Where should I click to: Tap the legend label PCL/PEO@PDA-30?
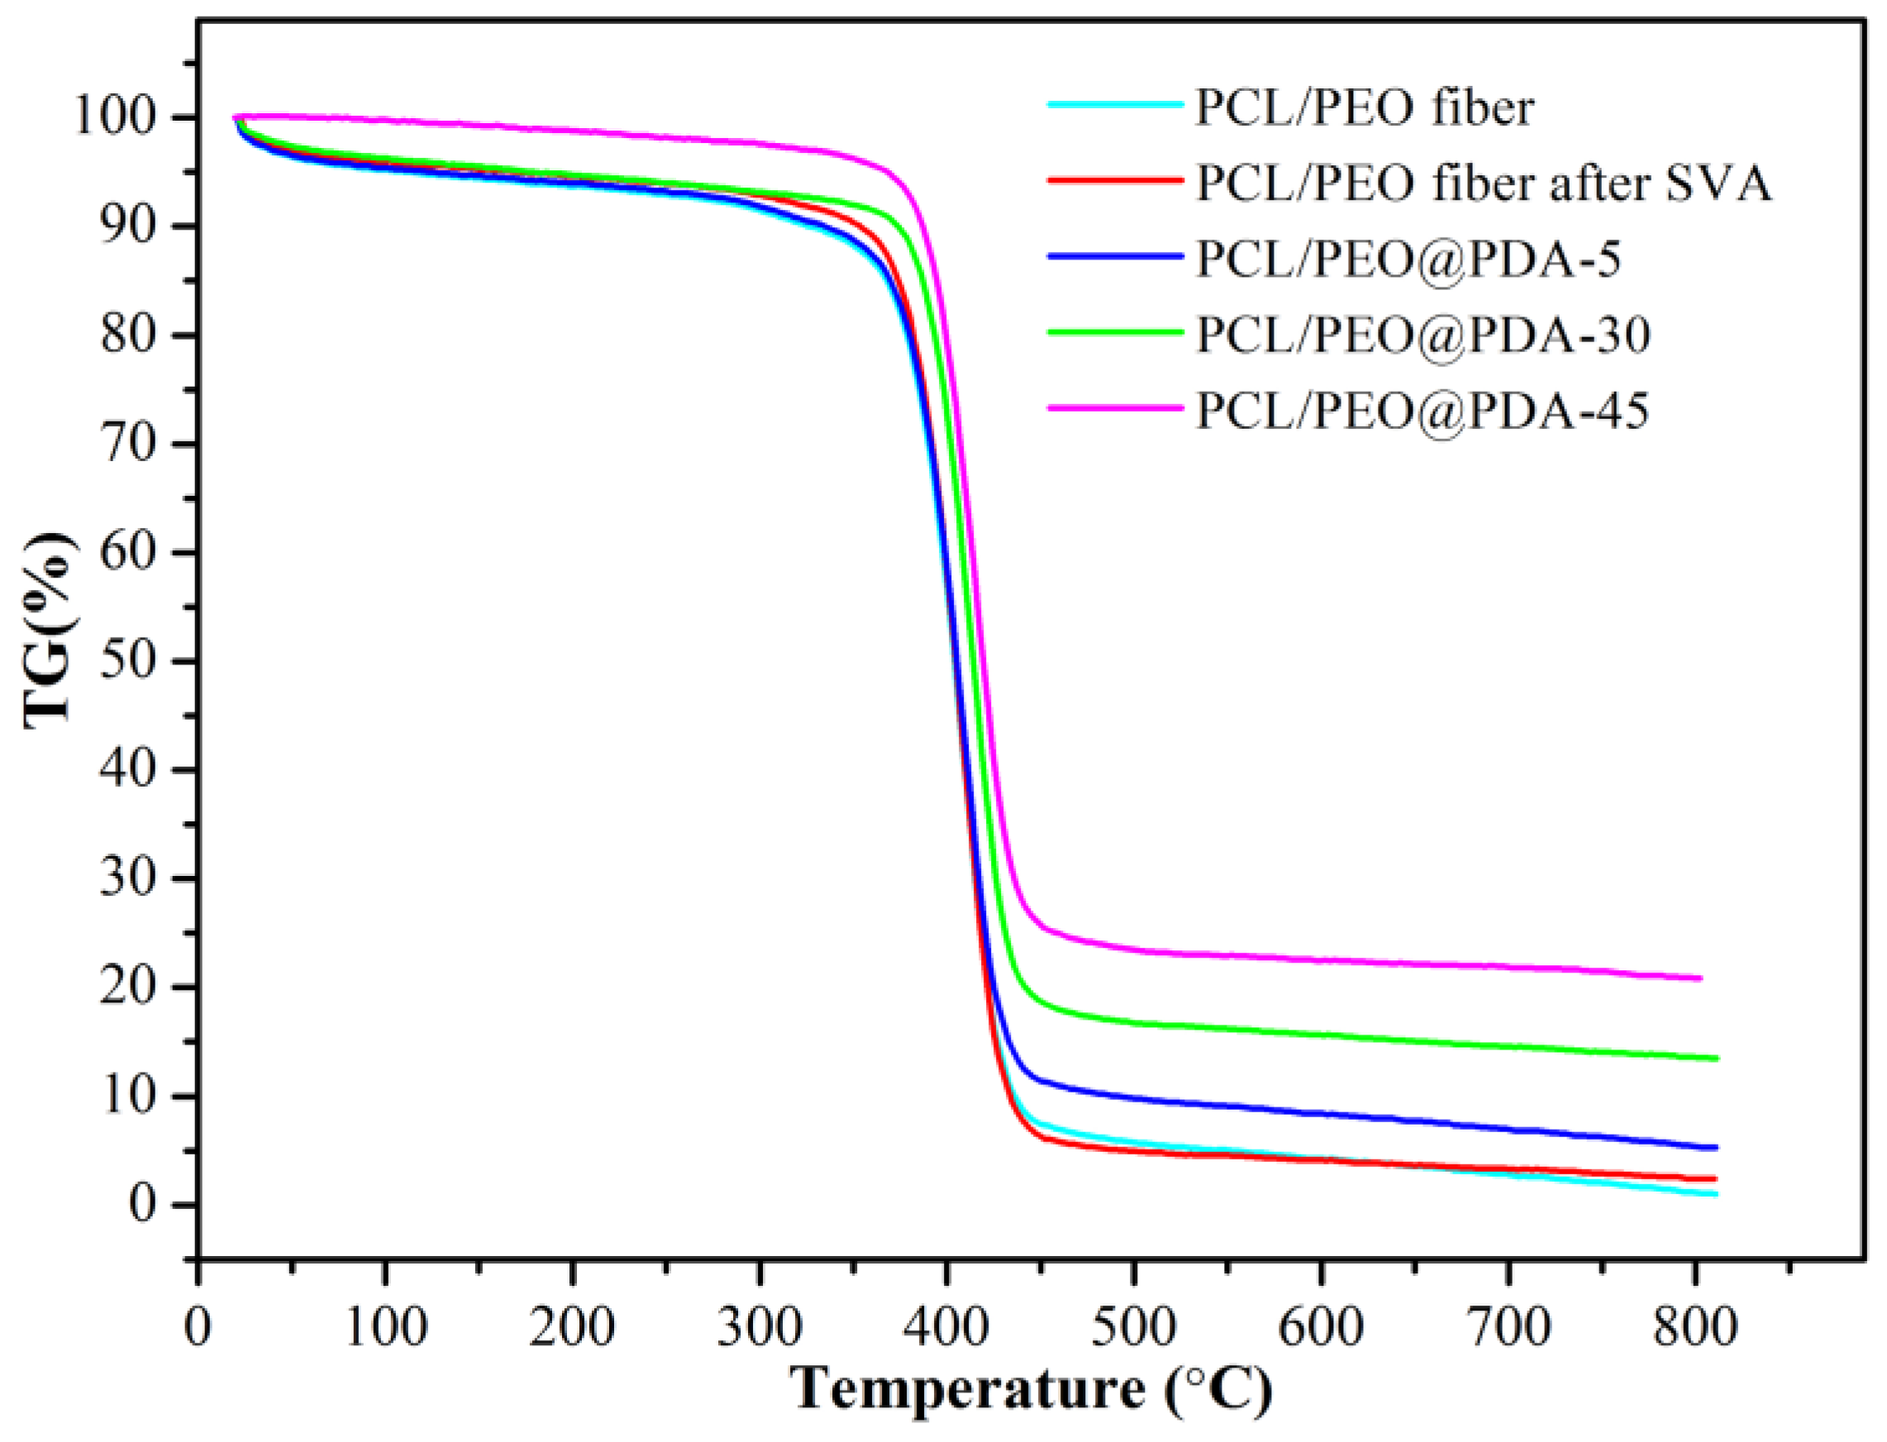[x=1422, y=334]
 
